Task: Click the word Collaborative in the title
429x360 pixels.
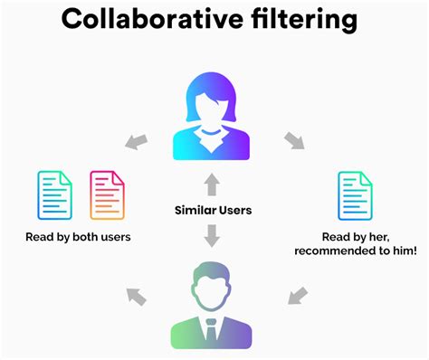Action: click(152, 21)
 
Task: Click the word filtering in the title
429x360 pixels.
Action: click(304, 21)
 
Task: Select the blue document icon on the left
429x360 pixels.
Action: click(54, 195)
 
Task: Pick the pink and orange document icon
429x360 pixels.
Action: click(107, 195)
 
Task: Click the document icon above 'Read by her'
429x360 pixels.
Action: click(356, 195)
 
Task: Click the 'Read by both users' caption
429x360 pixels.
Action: click(79, 239)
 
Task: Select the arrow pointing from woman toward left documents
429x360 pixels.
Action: click(135, 141)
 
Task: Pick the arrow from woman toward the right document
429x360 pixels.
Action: click(294, 141)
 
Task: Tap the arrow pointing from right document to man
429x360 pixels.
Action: click(296, 294)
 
